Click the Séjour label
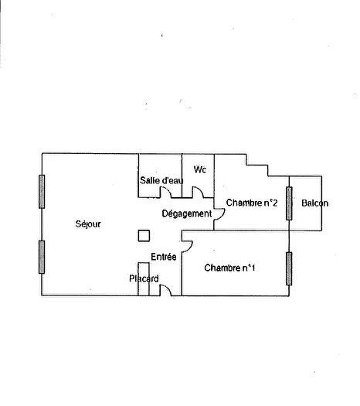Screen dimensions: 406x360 pyautogui.click(x=88, y=224)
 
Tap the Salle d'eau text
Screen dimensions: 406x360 pyautogui.click(x=161, y=181)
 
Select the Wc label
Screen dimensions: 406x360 pyautogui.click(x=200, y=169)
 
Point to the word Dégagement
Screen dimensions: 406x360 pyautogui.click(x=186, y=213)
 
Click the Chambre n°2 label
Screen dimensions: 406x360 pyautogui.click(x=252, y=203)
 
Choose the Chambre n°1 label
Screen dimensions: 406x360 pyautogui.click(x=230, y=268)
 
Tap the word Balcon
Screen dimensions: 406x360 pyautogui.click(x=314, y=204)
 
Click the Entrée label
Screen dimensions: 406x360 pyautogui.click(x=163, y=257)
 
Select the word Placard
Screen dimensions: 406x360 pyautogui.click(x=144, y=278)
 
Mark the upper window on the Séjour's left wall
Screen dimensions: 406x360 pyautogui.click(x=42, y=192)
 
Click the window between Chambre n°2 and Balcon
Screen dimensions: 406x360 pyautogui.click(x=290, y=203)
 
